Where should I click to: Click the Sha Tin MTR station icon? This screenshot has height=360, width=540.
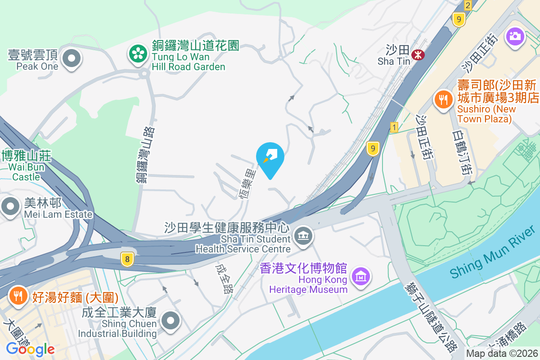coord(418,55)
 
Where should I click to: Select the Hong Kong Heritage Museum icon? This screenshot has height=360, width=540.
coord(361,276)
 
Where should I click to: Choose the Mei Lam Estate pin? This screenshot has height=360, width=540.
coord(9,207)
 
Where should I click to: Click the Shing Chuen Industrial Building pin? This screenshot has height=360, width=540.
coord(171,321)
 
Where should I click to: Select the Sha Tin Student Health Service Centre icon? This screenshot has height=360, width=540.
coord(303,235)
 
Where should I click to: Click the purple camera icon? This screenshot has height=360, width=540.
coord(515,36)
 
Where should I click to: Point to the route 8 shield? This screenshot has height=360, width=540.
coord(127,259)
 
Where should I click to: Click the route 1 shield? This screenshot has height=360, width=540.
coord(395,127)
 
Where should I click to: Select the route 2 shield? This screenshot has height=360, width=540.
coord(468,5)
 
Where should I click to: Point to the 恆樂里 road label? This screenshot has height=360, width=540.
coord(249,184)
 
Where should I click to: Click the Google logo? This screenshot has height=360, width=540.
coord(30,349)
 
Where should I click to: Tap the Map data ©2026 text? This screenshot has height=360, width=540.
coord(502,354)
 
